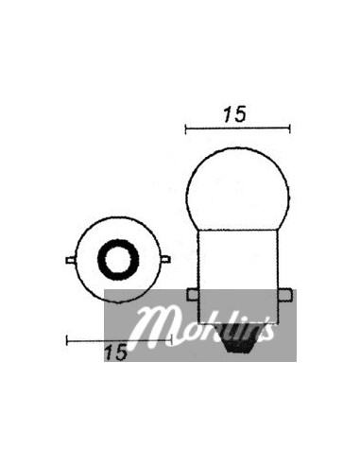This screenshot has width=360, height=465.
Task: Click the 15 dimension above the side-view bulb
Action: tap(235, 114)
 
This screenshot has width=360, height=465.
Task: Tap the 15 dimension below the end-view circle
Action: tap(116, 352)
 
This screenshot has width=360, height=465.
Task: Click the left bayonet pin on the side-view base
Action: tap(192, 294)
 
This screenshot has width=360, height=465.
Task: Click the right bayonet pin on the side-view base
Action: tap(284, 294)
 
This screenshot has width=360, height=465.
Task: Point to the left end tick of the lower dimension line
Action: tap(66, 337)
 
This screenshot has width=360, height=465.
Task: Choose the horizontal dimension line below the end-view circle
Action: tap(94, 337)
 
